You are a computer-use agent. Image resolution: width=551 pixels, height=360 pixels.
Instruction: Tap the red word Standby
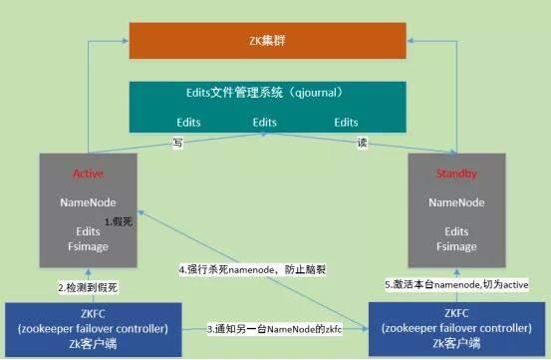[x=456, y=174]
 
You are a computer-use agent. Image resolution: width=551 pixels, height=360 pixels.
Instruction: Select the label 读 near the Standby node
[x=362, y=144]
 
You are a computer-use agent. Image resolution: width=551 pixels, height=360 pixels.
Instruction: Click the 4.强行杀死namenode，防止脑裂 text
[x=253, y=269]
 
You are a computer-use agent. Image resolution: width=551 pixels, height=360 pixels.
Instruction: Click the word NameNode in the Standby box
[x=456, y=201]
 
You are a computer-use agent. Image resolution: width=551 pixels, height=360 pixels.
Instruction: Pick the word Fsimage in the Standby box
[x=456, y=244]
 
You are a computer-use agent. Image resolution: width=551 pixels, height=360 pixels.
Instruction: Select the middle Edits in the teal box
[x=264, y=123]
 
